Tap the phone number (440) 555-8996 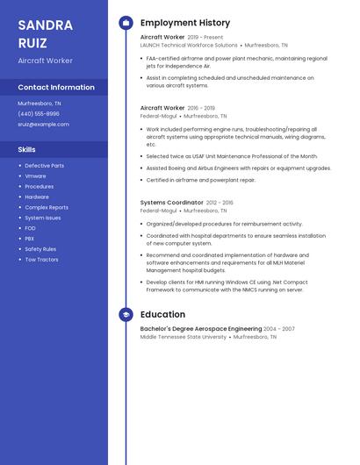(x=39, y=114)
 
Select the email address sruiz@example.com (x=43, y=125)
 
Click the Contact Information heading (x=56, y=88)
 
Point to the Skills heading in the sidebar (x=27, y=149)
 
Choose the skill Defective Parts (x=44, y=166)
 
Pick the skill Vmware (x=35, y=176)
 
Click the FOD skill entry (x=31, y=228)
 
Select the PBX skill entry (x=30, y=239)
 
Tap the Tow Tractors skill (x=41, y=260)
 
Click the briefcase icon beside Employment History (x=126, y=23)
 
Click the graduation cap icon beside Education (x=126, y=314)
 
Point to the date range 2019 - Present (x=205, y=38)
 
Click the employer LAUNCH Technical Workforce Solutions (x=189, y=45)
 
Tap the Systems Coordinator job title (x=171, y=203)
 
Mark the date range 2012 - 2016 (x=220, y=203)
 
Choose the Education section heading (x=162, y=314)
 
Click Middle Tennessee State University (x=184, y=337)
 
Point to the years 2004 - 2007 (x=279, y=329)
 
